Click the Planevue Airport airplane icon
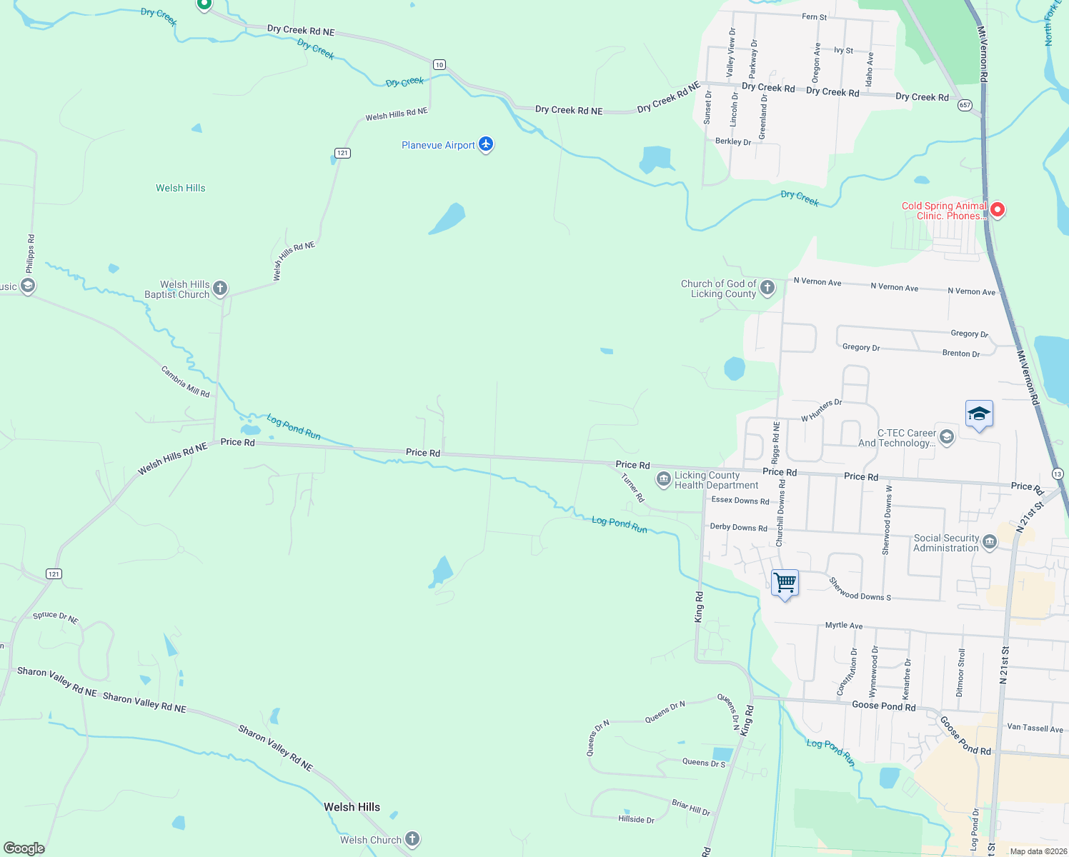point(486,144)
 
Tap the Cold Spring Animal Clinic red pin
point(998,209)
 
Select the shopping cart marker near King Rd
point(785,583)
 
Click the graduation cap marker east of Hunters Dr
point(978,414)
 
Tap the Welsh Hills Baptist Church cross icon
point(220,289)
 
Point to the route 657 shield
point(965,105)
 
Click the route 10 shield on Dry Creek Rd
point(439,65)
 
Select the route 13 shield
point(1058,474)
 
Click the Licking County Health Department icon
point(663,478)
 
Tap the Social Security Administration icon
point(990,542)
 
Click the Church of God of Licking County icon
point(767,288)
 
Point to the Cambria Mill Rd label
point(185,382)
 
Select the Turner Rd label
point(632,488)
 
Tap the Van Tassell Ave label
point(1035,728)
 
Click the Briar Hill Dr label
point(691,808)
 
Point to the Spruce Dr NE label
point(56,617)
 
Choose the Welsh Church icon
point(412,839)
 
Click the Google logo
point(24,848)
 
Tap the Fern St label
point(814,16)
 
